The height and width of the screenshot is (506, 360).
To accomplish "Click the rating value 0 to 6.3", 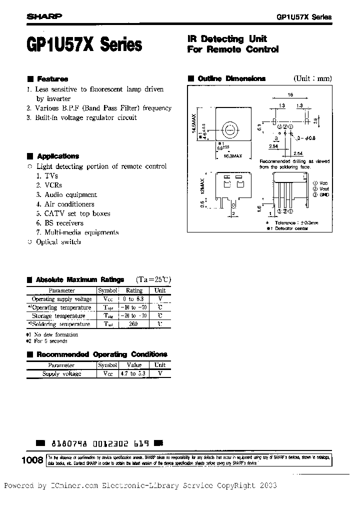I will tap(134, 299).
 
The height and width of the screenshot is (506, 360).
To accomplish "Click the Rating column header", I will tap(134, 290).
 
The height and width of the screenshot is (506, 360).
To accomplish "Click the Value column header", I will tap(134, 365).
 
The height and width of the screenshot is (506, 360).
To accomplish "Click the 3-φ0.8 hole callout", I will tap(305, 137).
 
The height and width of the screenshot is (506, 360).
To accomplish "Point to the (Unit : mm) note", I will tap(312, 78).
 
